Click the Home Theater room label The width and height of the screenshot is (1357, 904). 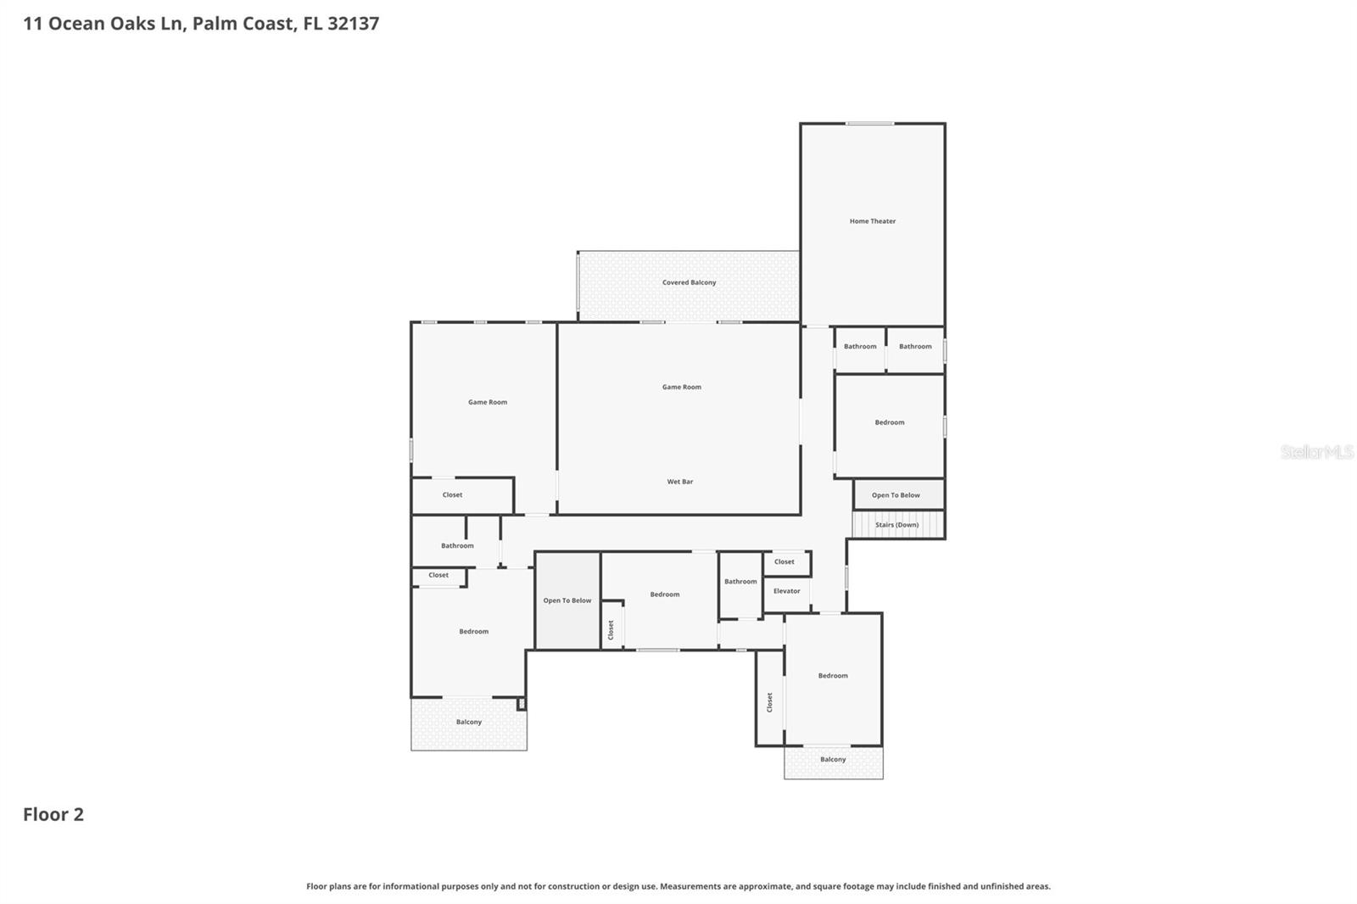click(872, 221)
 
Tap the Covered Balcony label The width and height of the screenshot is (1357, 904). click(689, 282)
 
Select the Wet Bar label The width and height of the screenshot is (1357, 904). click(679, 482)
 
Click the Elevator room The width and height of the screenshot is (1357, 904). click(786, 591)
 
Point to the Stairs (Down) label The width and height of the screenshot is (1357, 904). click(896, 525)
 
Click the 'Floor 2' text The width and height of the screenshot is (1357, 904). click(53, 814)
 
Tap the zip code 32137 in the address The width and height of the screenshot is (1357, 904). click(353, 23)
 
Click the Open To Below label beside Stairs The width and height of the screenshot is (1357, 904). click(896, 495)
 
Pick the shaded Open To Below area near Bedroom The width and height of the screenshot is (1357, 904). click(567, 600)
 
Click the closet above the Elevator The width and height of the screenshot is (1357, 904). click(785, 561)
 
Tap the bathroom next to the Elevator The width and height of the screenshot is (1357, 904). click(740, 582)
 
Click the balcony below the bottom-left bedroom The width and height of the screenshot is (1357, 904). click(468, 723)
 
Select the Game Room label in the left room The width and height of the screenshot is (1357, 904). click(488, 402)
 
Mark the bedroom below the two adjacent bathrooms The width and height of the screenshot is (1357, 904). click(889, 422)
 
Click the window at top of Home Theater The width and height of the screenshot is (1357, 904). click(869, 124)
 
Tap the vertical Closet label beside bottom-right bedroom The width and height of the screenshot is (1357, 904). click(769, 702)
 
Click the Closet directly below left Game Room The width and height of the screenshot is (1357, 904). click(453, 494)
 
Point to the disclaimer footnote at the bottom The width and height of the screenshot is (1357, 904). click(678, 886)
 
